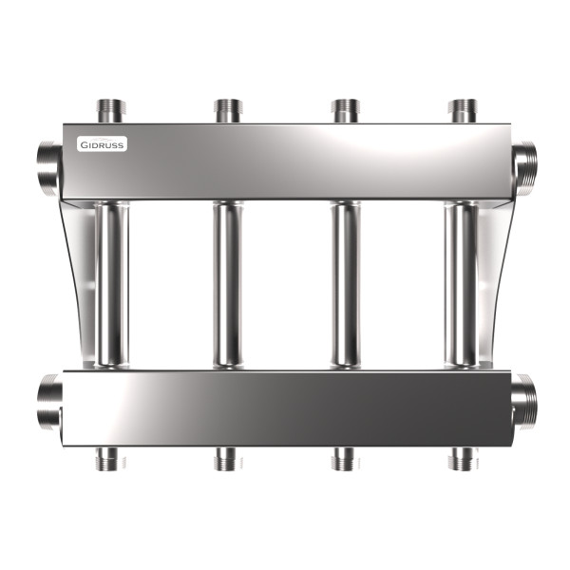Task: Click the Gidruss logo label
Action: point(103,144)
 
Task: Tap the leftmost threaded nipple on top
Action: point(111,111)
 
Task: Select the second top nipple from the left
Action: point(228,111)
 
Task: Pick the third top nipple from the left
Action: point(346,111)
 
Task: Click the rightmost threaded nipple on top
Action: point(463,111)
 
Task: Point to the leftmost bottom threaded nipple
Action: point(110,459)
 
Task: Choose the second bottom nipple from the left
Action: point(228,459)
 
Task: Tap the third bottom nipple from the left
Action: point(346,459)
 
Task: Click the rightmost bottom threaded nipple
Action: point(463,459)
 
